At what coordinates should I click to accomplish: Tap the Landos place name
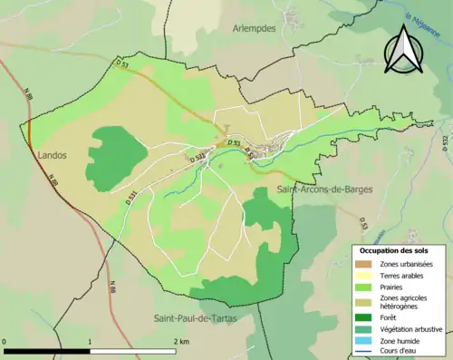(x=53, y=155)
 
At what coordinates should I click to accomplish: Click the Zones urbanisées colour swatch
(x=364, y=264)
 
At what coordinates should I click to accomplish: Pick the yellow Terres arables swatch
(x=364, y=275)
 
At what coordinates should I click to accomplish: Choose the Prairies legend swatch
(x=364, y=287)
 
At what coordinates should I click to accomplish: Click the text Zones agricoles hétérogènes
(x=407, y=302)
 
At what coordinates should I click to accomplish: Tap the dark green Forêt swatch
(x=364, y=318)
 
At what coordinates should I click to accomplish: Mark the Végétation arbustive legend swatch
(x=364, y=329)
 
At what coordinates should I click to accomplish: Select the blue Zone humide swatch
(x=364, y=340)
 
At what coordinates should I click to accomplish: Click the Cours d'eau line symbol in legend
(x=364, y=351)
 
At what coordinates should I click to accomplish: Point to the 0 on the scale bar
(x=5, y=341)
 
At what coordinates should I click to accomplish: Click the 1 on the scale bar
(x=90, y=341)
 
